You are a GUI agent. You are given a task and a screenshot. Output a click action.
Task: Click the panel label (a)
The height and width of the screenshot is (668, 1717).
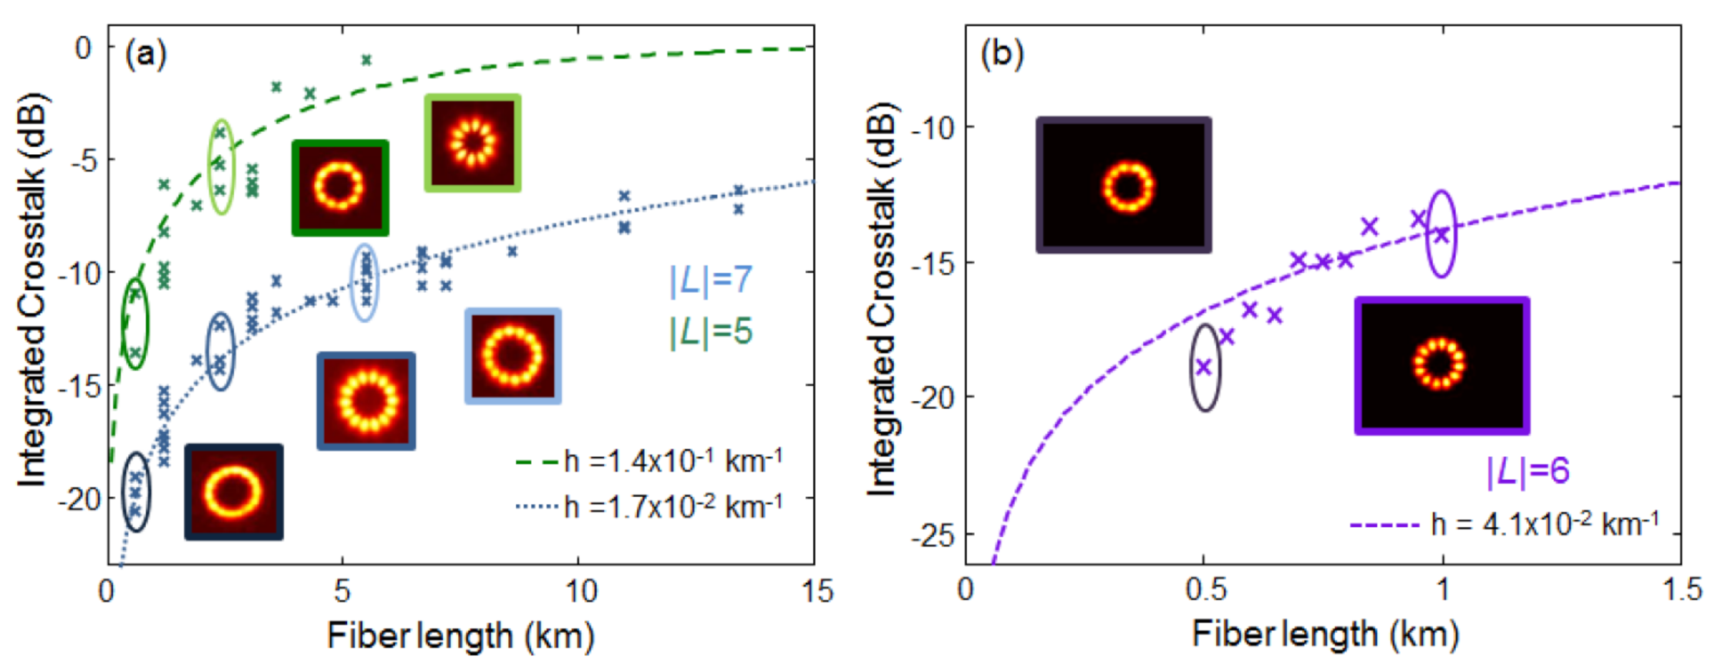pyautogui.click(x=146, y=54)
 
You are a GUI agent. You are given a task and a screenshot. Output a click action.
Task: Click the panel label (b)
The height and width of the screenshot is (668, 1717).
pyautogui.click(x=1002, y=54)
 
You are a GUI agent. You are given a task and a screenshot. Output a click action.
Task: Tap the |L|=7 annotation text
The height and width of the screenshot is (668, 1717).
pyautogui.click(x=711, y=281)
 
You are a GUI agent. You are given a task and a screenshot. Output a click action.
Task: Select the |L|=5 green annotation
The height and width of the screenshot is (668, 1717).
pyautogui.click(x=711, y=332)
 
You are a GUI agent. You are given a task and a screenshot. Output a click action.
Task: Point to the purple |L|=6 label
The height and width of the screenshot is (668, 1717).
pyautogui.click(x=1527, y=471)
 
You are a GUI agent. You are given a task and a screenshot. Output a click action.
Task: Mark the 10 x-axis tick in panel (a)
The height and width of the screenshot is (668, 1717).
pyautogui.click(x=579, y=591)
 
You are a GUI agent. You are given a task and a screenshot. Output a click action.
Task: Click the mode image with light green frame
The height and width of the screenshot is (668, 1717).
pyautogui.click(x=473, y=143)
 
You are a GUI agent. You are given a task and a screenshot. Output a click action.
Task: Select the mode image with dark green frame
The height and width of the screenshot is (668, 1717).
pyautogui.click(x=340, y=187)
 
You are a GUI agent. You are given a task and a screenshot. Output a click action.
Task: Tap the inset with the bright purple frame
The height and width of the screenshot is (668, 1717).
pyautogui.click(x=1441, y=365)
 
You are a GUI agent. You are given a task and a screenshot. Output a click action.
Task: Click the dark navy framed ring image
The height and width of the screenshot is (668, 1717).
pyautogui.click(x=233, y=492)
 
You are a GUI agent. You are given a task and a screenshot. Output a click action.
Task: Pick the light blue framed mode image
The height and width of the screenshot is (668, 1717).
pyautogui.click(x=513, y=356)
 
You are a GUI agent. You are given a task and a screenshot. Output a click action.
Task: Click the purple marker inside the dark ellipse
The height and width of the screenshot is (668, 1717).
pyautogui.click(x=1204, y=367)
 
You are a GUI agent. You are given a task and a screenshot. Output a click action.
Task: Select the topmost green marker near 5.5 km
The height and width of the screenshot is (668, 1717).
pyautogui.click(x=366, y=60)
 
